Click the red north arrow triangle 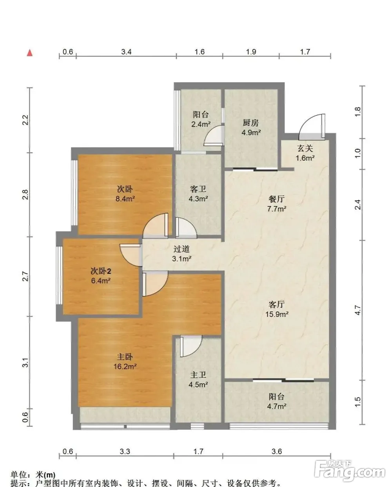tap(30, 53)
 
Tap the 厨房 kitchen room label tap(251, 123)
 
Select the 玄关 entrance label tap(305, 148)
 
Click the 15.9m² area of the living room tap(277, 314)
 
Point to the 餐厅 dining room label tap(276, 199)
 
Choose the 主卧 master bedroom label tap(125, 357)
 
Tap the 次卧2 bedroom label tap(101, 271)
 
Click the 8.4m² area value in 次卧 tap(125, 199)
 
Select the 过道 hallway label tap(181, 249)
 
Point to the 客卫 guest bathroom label tap(198, 189)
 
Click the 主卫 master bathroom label tap(198, 375)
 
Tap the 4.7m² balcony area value tap(276, 406)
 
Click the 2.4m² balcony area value tap(201, 124)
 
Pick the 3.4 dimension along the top tap(126, 52)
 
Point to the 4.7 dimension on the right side tap(358, 310)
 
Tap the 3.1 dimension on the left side tap(25, 362)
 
